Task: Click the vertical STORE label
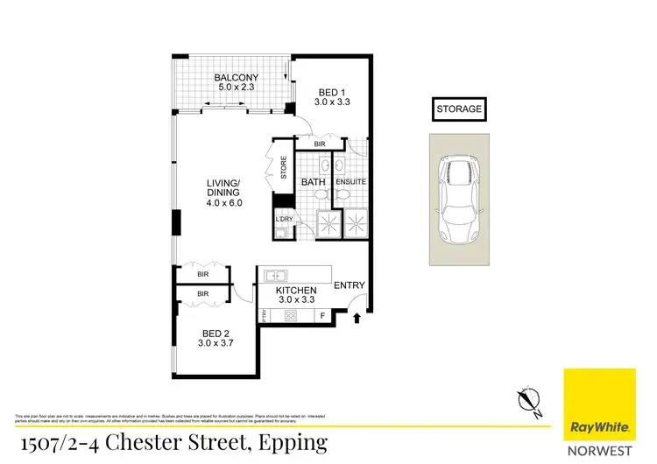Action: [x=283, y=167]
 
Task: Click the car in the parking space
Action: [x=459, y=200]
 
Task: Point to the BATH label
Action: [x=313, y=182]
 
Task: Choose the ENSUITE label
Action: [x=350, y=182]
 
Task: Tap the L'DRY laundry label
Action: [x=284, y=219]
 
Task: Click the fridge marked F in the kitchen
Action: [x=323, y=315]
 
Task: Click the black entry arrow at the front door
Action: [x=357, y=320]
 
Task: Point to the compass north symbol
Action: [x=526, y=399]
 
